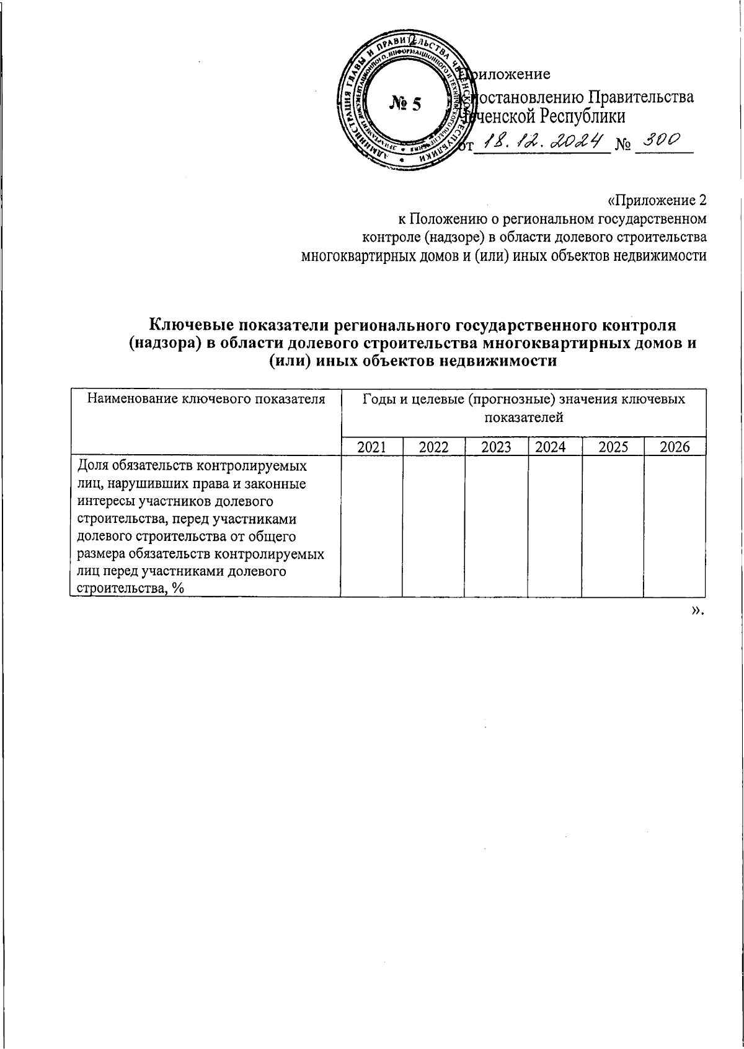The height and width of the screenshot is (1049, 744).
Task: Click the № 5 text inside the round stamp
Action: [x=405, y=104]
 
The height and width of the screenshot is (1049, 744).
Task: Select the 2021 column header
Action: [x=371, y=447]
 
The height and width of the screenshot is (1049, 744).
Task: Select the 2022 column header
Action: [x=433, y=447]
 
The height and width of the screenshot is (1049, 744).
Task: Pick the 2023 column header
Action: [x=496, y=447]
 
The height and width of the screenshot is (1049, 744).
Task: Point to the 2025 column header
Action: [x=613, y=447]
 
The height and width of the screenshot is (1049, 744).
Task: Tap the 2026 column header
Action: [x=675, y=447]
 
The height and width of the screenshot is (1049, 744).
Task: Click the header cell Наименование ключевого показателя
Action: [x=206, y=399]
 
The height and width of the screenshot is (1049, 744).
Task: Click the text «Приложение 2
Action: [x=657, y=201]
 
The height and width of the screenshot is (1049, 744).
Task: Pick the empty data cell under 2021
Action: [x=371, y=525]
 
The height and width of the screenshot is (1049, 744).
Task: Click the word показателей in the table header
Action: [x=523, y=417]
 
